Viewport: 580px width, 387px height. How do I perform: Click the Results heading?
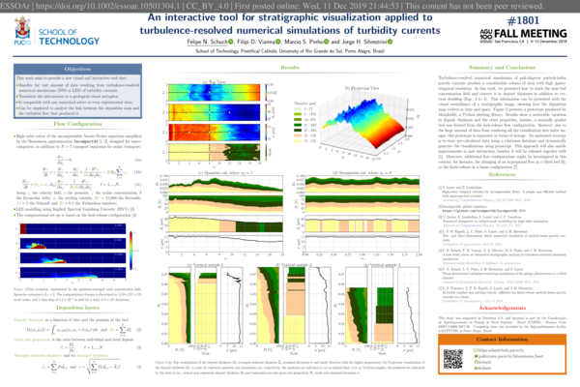(289, 70)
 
